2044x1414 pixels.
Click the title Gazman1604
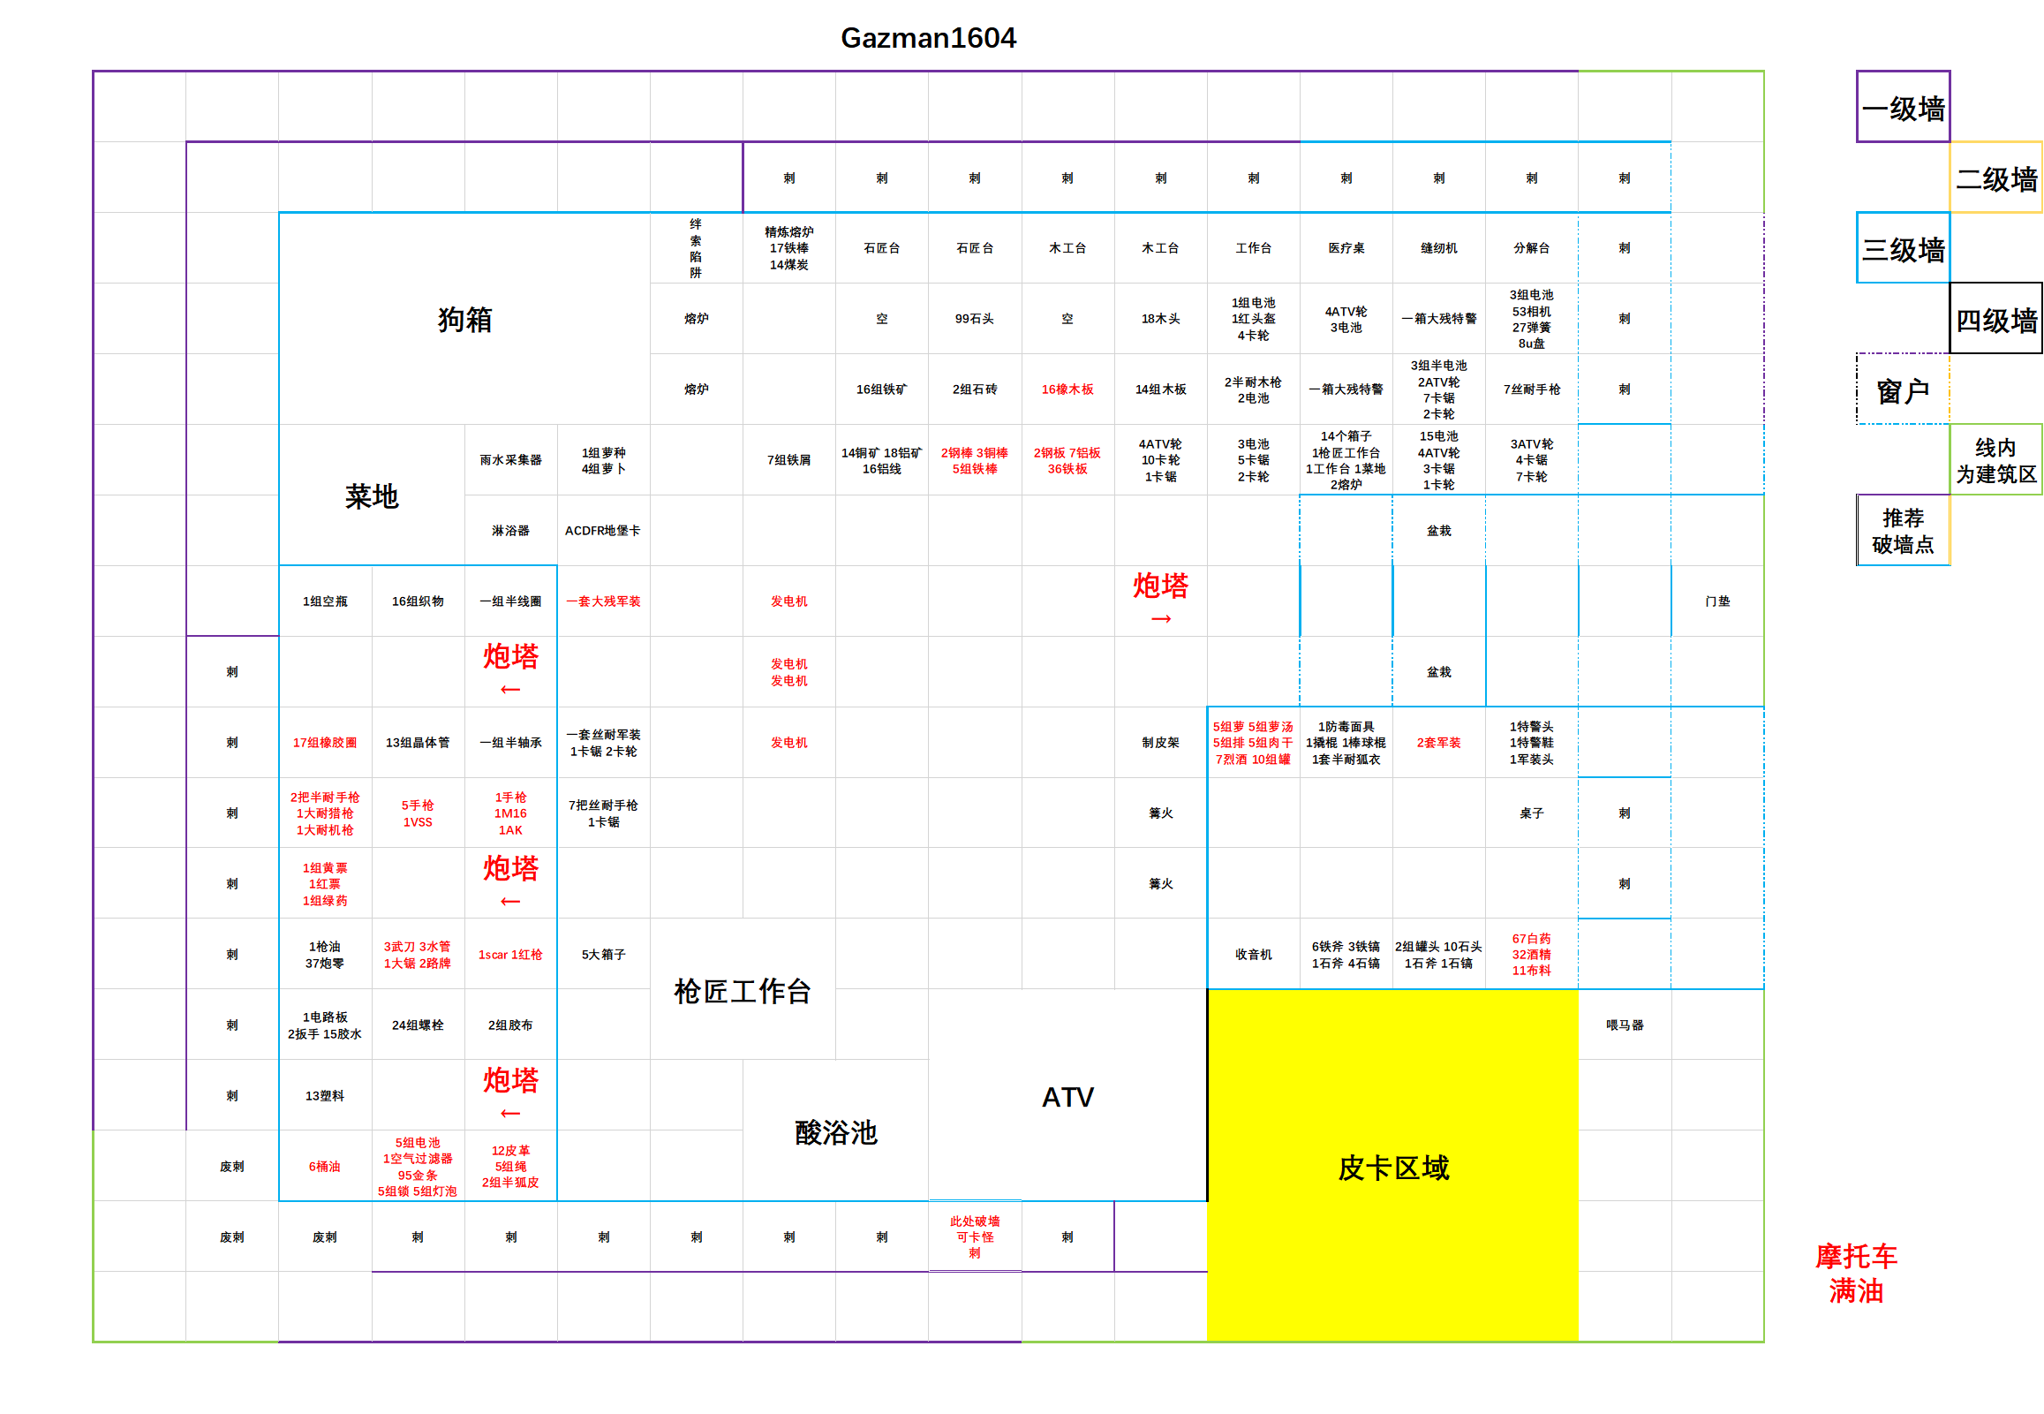coord(928,38)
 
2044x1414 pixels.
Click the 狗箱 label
coord(465,319)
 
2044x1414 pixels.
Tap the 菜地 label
coord(372,496)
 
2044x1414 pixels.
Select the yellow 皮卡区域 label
coord(1393,1168)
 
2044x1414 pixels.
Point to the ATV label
coord(1068,1097)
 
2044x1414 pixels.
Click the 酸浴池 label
coord(836,1132)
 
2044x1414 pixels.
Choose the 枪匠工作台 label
coord(743,992)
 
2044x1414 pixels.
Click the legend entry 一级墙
coord(1904,108)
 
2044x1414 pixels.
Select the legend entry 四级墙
coord(1996,320)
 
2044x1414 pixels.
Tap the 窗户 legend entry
coord(1904,390)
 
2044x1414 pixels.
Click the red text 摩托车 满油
coord(1856,1274)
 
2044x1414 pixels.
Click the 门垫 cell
coord(1717,601)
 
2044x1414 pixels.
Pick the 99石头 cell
coord(974,319)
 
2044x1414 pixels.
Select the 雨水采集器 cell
coord(511,460)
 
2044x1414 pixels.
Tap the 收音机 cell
coord(1253,954)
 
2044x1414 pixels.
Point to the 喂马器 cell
coord(1625,1025)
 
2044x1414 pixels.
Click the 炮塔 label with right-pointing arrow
coord(1161,597)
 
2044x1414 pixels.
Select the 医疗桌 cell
coord(1346,248)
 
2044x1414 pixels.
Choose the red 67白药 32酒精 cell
coord(1531,954)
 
